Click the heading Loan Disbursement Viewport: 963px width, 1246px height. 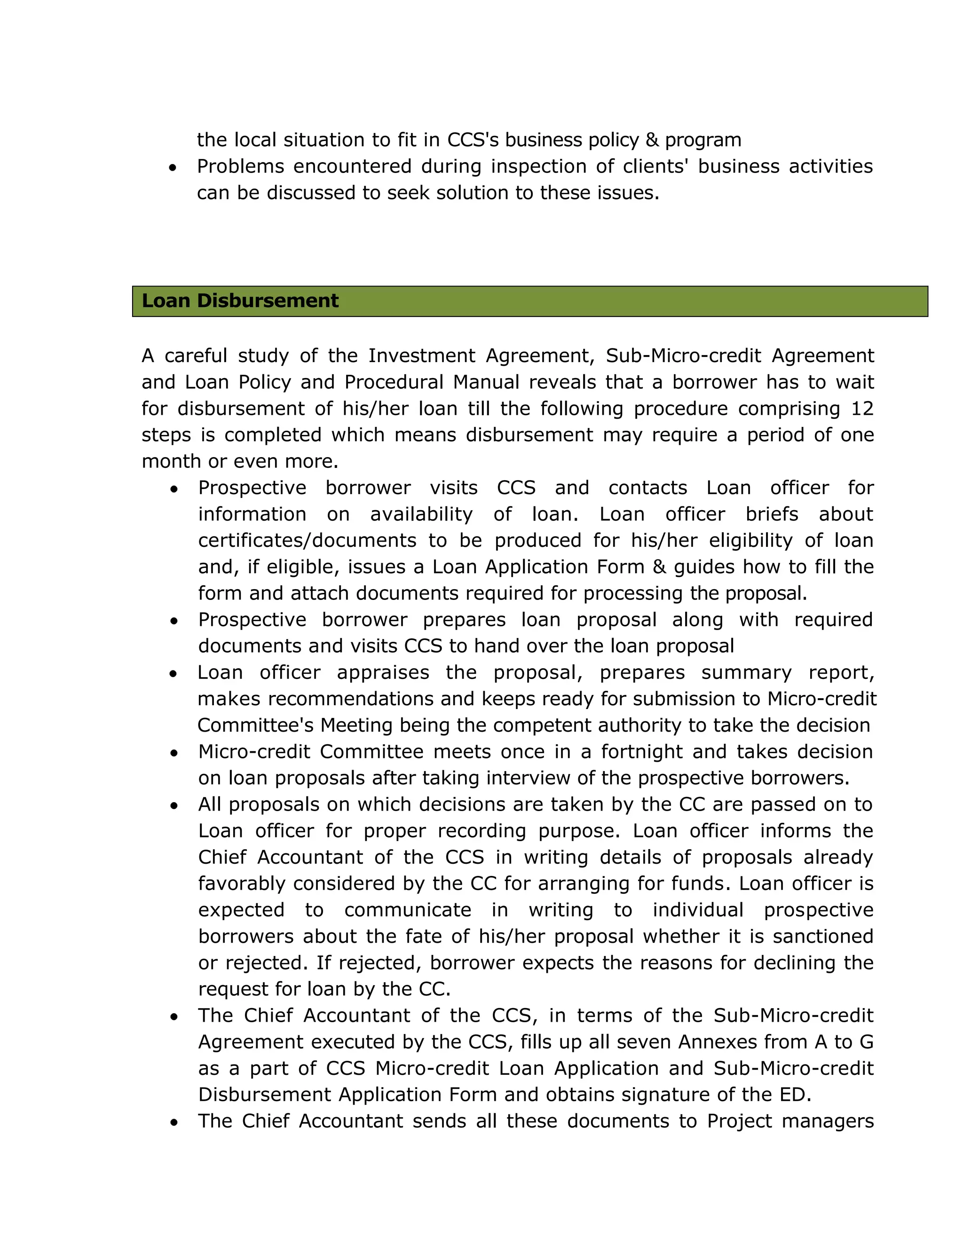coord(240,300)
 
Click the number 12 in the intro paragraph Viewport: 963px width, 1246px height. coord(862,409)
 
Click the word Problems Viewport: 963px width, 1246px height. coord(240,166)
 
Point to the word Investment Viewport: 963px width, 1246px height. coord(421,355)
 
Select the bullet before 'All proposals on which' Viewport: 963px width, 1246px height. coord(174,805)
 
